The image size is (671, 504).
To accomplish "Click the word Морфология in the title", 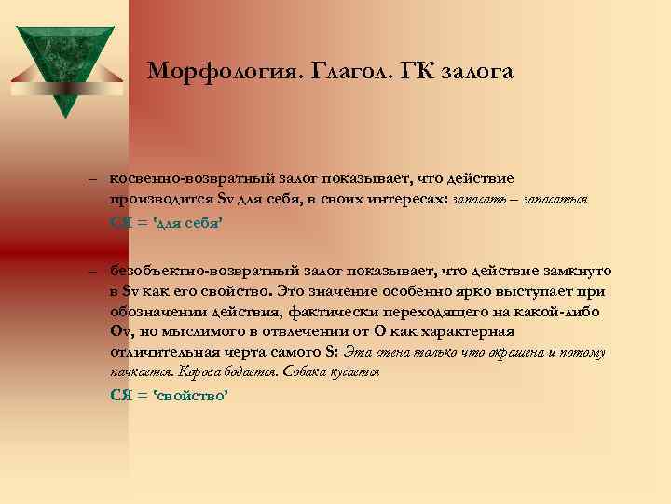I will (207, 71).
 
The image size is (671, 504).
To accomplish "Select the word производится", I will (160, 199).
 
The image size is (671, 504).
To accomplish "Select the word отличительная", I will (165, 352).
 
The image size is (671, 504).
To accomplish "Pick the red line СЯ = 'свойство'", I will (169, 395).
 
